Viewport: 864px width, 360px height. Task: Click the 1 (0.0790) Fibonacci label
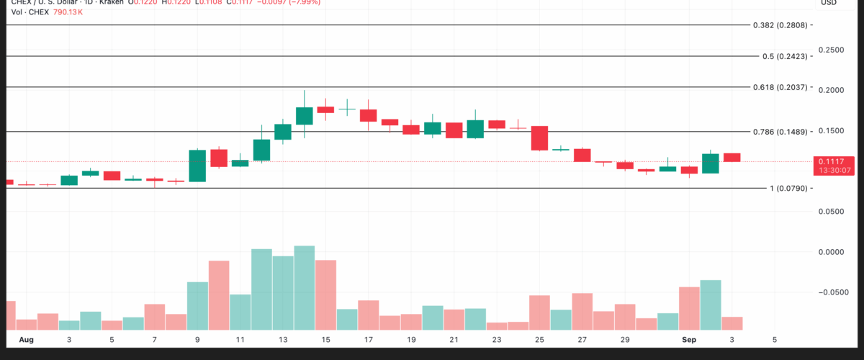click(x=790, y=189)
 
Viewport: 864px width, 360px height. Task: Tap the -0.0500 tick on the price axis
click(x=833, y=292)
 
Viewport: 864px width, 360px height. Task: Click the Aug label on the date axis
click(x=26, y=339)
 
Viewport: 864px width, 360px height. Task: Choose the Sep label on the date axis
click(x=689, y=339)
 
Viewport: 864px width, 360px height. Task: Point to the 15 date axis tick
click(x=325, y=339)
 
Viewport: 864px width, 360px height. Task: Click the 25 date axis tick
click(x=539, y=339)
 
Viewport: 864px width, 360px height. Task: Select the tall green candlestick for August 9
click(x=198, y=166)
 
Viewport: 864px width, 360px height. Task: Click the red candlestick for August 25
click(x=539, y=138)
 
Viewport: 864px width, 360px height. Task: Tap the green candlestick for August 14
click(x=305, y=116)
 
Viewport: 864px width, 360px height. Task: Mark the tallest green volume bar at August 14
click(x=305, y=288)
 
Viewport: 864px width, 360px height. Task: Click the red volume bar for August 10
click(x=219, y=295)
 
